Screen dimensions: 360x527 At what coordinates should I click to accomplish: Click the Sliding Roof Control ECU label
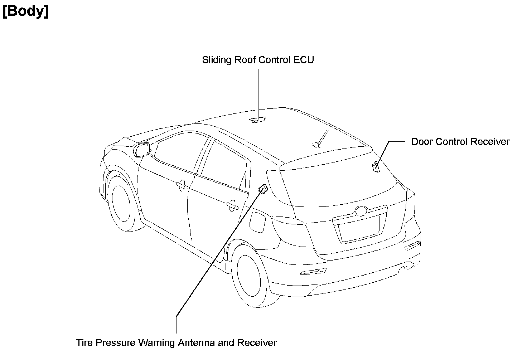point(258,60)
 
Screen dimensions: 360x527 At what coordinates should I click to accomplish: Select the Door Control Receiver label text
point(460,142)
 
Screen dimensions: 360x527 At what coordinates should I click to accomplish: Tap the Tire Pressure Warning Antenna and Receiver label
point(176,343)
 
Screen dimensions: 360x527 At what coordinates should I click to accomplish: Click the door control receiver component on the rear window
point(376,167)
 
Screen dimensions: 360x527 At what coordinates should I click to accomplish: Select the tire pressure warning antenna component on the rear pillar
point(263,189)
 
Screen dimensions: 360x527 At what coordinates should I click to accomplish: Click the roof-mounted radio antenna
point(320,140)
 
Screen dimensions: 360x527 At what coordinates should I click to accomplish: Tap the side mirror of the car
point(142,149)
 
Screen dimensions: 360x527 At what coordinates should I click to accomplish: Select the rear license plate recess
point(359,229)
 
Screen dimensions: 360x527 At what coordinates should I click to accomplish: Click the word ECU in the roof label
point(304,60)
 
